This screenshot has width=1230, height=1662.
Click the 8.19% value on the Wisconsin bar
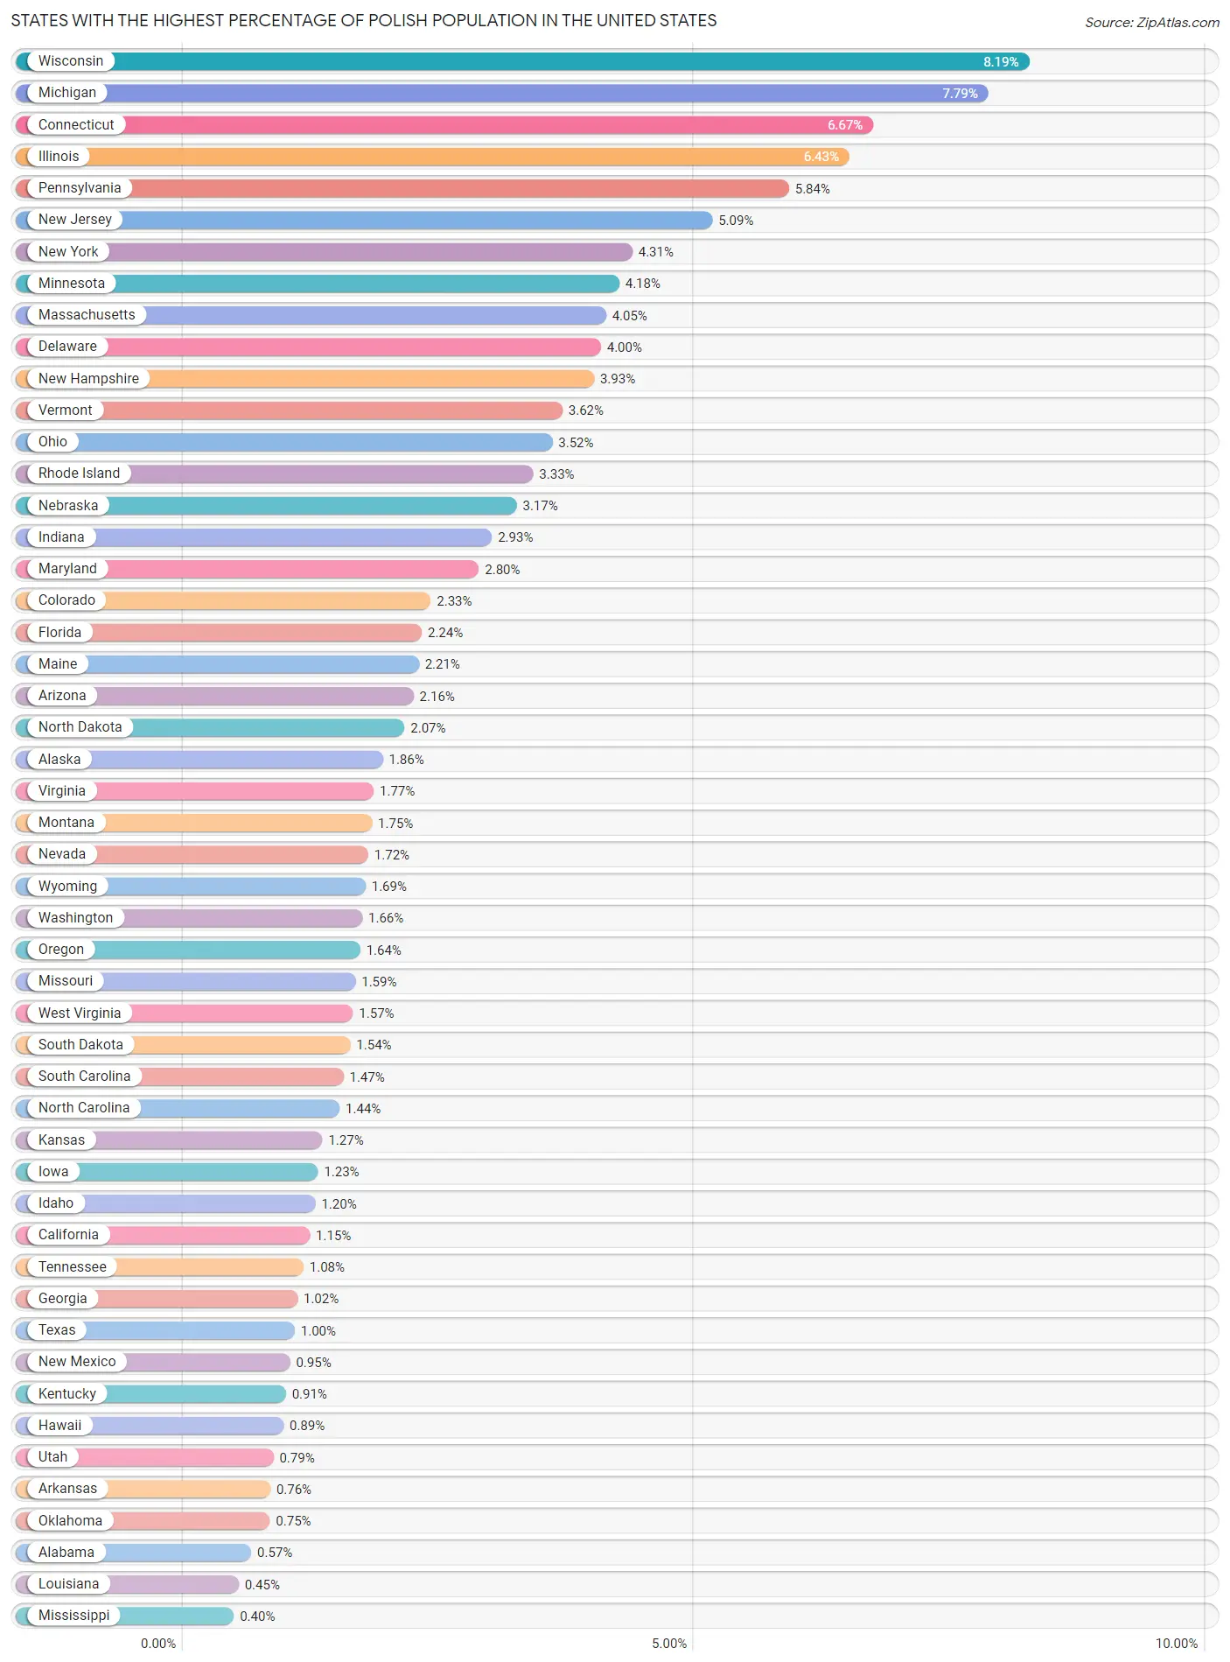(x=1000, y=62)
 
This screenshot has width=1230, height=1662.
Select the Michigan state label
(x=66, y=93)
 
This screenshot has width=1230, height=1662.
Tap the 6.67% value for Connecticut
(x=844, y=125)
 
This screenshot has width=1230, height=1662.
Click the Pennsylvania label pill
(x=79, y=188)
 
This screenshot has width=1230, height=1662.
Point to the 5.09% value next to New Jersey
(x=735, y=221)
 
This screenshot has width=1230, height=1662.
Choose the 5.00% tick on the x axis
(x=669, y=1644)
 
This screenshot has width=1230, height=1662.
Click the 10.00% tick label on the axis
(x=1176, y=1644)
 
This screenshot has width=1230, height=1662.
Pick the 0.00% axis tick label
(x=158, y=1644)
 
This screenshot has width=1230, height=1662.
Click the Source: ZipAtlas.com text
(x=1151, y=23)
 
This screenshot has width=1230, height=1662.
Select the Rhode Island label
(x=79, y=473)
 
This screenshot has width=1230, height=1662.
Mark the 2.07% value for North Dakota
(x=428, y=728)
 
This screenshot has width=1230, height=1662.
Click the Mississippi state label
(x=73, y=1616)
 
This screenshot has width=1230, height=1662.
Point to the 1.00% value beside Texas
(x=318, y=1331)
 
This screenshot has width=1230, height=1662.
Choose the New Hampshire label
(x=88, y=379)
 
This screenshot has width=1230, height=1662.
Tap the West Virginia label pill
(x=79, y=1013)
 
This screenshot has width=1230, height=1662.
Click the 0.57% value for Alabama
(x=274, y=1553)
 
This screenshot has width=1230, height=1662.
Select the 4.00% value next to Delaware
(x=624, y=347)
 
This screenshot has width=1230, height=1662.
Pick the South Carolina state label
(x=84, y=1076)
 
